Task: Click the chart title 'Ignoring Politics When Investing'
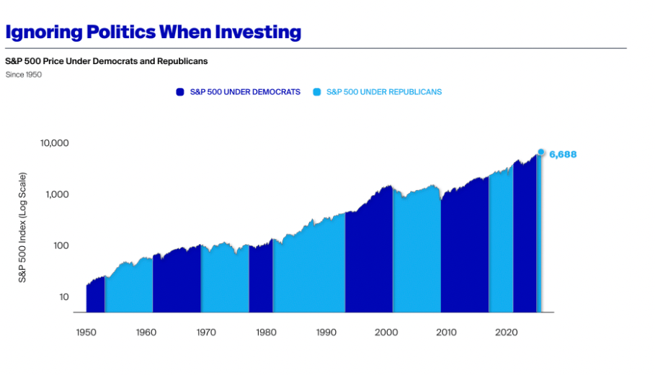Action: [x=153, y=32]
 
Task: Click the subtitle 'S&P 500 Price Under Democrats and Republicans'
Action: [x=107, y=61]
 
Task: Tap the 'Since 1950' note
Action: [x=23, y=74]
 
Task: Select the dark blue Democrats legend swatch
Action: [x=180, y=92]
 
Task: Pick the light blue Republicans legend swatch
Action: [x=316, y=92]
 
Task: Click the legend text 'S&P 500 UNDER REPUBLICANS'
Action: [x=383, y=92]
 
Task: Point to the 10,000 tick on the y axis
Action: [x=55, y=143]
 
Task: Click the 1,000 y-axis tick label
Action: [x=57, y=194]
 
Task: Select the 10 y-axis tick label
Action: [x=63, y=297]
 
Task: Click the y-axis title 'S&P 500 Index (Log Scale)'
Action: [x=23, y=227]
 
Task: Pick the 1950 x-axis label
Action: [x=86, y=333]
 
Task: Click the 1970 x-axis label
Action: [x=205, y=333]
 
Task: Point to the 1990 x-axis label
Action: [x=326, y=333]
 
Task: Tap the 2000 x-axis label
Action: [x=386, y=333]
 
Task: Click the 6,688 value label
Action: [x=563, y=154]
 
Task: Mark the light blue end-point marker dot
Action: [x=541, y=152]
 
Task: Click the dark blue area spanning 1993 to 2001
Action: [x=369, y=259]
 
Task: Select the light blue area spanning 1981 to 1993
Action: [x=310, y=270]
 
